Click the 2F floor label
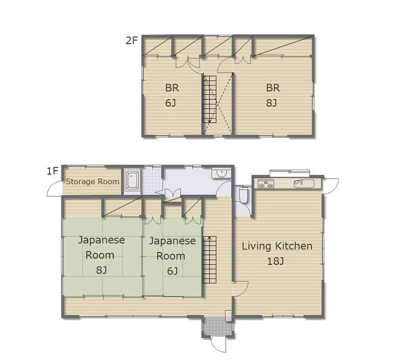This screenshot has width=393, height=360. [132, 40]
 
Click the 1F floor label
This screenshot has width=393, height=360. [53, 171]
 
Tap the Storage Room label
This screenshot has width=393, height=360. [93, 181]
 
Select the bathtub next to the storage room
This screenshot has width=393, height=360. [133, 181]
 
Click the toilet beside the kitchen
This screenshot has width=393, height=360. [243, 195]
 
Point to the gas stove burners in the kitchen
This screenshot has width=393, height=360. [266, 184]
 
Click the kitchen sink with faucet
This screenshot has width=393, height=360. [305, 183]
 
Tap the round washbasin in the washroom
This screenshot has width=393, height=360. [221, 173]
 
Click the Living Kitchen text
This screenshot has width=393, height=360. [277, 246]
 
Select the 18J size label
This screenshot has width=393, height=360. [275, 262]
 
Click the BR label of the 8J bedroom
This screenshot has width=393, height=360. [273, 88]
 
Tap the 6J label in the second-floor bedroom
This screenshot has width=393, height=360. [171, 103]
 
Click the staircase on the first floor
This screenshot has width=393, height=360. [209, 259]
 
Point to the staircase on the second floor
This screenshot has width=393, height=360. [209, 100]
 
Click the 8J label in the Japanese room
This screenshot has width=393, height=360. [101, 270]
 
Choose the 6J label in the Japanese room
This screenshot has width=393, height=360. [173, 271]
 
